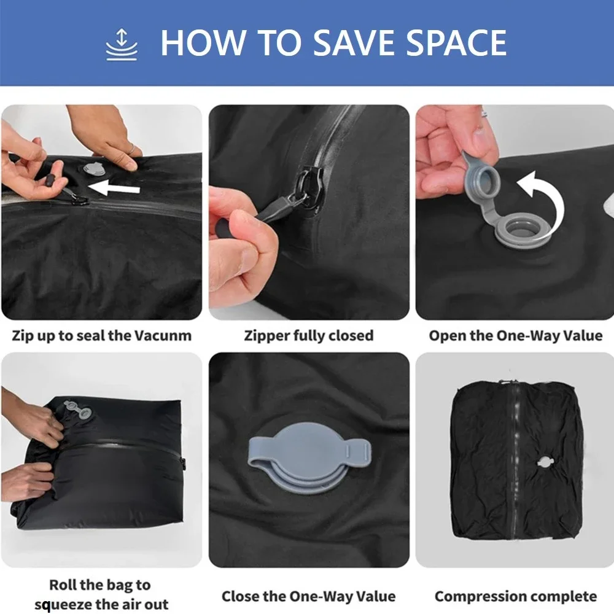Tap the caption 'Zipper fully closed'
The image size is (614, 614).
pos(309,336)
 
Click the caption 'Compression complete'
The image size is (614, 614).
pos(516,596)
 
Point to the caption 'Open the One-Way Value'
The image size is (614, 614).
pos(516,336)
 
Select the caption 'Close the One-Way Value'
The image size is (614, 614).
pos(309,596)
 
